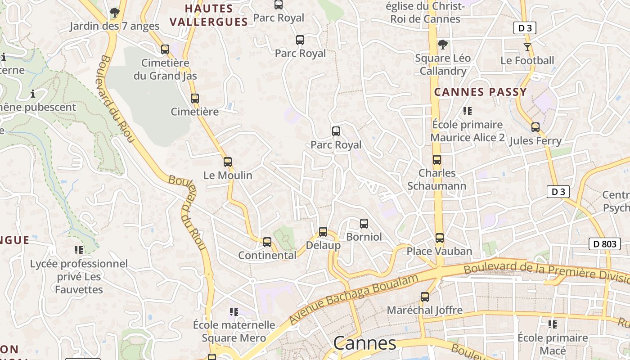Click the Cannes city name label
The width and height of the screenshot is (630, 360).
(x=364, y=343)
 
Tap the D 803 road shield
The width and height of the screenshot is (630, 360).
(x=604, y=244)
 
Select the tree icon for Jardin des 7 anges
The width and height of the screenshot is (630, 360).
(x=115, y=13)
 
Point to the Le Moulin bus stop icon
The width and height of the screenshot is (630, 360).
(x=228, y=162)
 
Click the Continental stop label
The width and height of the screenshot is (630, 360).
(x=267, y=255)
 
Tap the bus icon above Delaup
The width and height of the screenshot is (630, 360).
(x=323, y=232)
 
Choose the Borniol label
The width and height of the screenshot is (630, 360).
(x=364, y=237)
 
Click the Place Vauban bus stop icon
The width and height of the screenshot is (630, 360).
(x=440, y=238)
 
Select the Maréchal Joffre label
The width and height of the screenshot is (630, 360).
(x=424, y=310)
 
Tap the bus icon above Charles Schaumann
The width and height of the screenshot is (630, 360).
(x=436, y=160)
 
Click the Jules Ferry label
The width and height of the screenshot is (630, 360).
(x=535, y=141)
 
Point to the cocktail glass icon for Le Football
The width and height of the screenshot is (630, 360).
(x=527, y=47)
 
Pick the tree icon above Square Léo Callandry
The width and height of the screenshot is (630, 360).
(x=443, y=45)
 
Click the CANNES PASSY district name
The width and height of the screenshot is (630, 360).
(x=480, y=92)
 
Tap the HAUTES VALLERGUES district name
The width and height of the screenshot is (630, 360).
(x=209, y=15)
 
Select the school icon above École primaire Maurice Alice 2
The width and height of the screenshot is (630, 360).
(x=468, y=111)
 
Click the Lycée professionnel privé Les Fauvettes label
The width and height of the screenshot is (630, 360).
(x=79, y=276)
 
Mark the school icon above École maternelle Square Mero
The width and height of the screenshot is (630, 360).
(x=234, y=311)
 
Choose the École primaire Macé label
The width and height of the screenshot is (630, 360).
(x=553, y=344)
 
